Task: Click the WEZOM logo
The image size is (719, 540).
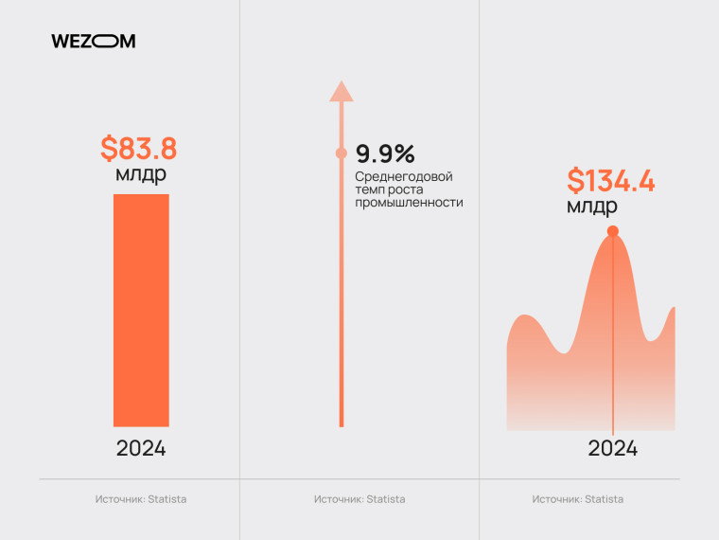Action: (93, 41)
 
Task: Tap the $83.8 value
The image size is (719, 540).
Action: (139, 149)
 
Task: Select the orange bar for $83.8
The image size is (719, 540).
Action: (141, 310)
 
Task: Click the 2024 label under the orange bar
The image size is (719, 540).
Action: (141, 448)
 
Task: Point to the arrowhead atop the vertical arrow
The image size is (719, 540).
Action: (342, 91)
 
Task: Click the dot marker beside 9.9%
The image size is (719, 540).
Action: (342, 153)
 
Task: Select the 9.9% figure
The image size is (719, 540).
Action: (385, 153)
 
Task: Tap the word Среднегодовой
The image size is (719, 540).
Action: (404, 177)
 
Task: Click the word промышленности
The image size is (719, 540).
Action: (409, 202)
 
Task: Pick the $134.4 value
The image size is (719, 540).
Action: (611, 180)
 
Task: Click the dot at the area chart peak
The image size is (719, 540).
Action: (613, 231)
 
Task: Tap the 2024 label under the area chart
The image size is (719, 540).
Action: (613, 448)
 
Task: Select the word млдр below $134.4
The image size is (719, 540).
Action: (592, 206)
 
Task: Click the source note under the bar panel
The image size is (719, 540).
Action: (141, 499)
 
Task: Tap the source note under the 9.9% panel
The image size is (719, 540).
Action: (359, 499)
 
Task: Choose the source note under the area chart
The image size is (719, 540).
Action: (578, 499)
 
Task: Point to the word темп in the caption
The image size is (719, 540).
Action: (368, 189)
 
